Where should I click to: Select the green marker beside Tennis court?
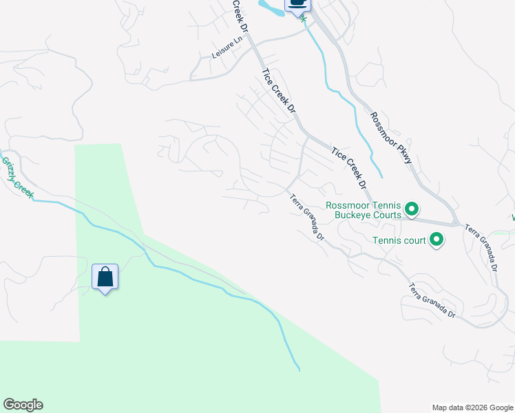[435, 240]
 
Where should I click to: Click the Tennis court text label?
[399, 240]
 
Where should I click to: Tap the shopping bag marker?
[105, 277]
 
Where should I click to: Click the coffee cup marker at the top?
[297, 3]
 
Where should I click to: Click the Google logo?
[23, 405]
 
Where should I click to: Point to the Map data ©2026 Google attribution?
[472, 407]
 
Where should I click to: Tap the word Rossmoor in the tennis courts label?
[349, 205]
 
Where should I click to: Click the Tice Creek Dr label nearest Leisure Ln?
[278, 90]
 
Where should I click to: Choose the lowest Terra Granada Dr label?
[432, 301]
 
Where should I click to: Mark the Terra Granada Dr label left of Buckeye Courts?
[307, 218]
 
